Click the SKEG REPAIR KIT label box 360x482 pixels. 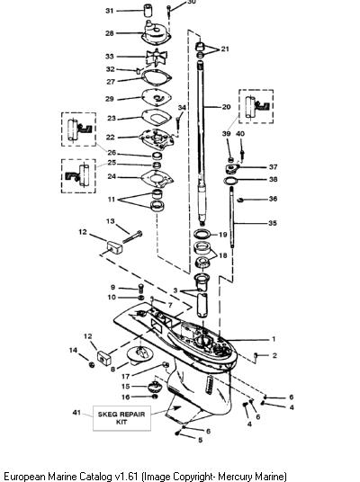click(121, 418)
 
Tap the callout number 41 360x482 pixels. click(76, 412)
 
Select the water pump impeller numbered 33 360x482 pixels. click(157, 58)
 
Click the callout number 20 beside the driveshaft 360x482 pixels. click(226, 107)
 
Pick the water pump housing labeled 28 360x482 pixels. click(157, 34)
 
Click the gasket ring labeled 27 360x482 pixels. click(157, 77)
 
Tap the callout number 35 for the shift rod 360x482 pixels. click(273, 223)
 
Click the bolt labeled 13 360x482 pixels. click(132, 237)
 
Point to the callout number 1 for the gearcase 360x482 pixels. click(274, 339)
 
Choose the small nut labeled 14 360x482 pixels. click(92, 364)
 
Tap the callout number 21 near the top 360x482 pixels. click(225, 49)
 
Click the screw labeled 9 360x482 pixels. click(141, 288)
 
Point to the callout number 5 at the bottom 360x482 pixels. click(201, 440)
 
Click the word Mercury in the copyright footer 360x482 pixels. click(236, 477)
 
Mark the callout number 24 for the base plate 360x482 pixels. click(112, 177)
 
